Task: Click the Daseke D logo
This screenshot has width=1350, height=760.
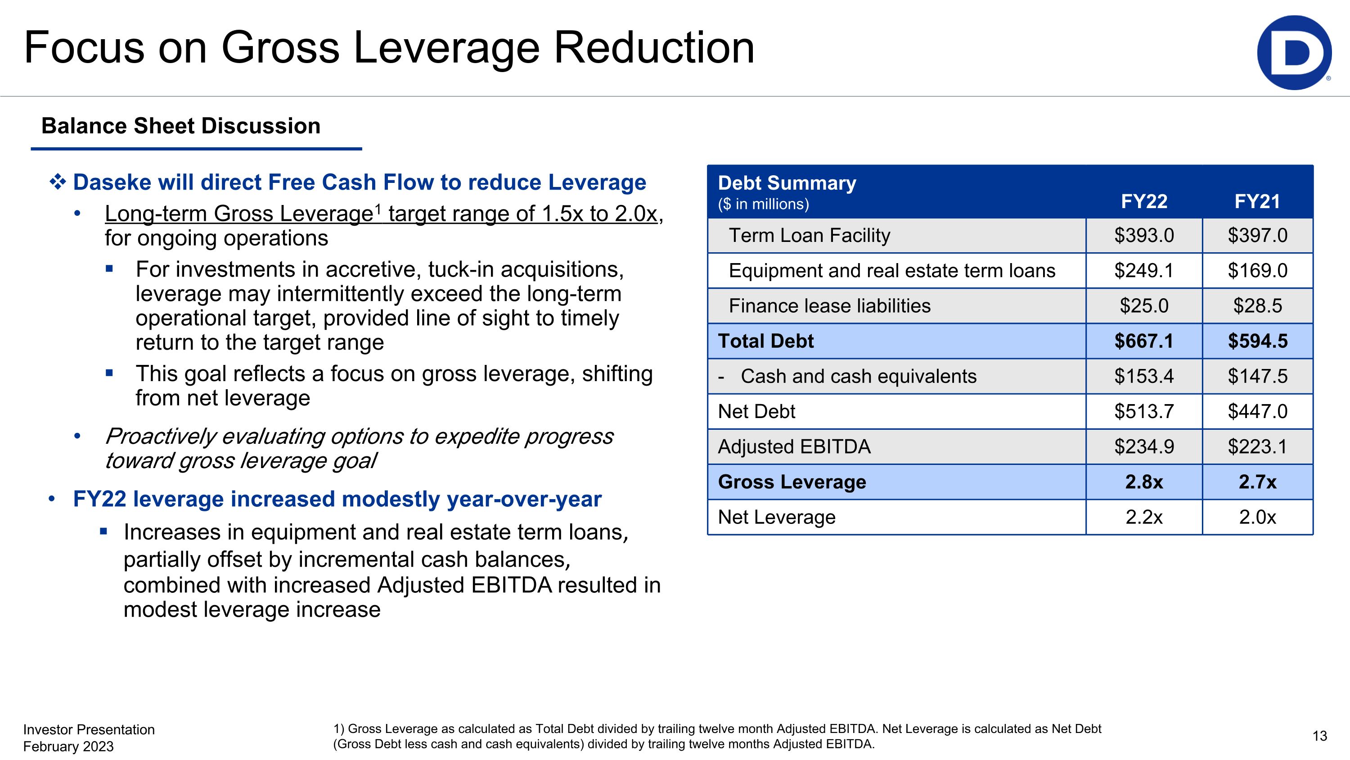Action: coord(1293,52)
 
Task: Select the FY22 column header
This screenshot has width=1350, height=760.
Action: coord(1143,201)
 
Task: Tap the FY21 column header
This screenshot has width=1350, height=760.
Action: coord(1257,201)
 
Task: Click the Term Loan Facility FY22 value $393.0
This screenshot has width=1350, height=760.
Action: coord(1143,236)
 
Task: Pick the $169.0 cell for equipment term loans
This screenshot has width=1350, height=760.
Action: coord(1257,271)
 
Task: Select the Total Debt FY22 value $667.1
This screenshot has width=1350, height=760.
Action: coord(1143,341)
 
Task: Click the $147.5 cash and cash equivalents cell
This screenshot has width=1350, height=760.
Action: coord(1257,376)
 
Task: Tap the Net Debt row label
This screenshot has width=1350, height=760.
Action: coord(756,411)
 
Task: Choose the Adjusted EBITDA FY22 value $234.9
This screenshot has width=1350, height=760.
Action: coord(1143,446)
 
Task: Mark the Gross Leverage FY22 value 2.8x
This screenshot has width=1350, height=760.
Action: coord(1143,482)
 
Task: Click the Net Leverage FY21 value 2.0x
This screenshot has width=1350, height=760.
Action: coord(1257,517)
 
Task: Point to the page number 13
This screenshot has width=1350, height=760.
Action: coord(1319,736)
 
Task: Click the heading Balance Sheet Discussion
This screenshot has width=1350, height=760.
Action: coord(181,126)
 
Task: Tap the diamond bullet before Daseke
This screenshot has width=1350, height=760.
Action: coord(58,182)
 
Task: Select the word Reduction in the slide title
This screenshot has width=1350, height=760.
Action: coord(653,48)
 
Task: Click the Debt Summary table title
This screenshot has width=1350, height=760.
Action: coord(787,183)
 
